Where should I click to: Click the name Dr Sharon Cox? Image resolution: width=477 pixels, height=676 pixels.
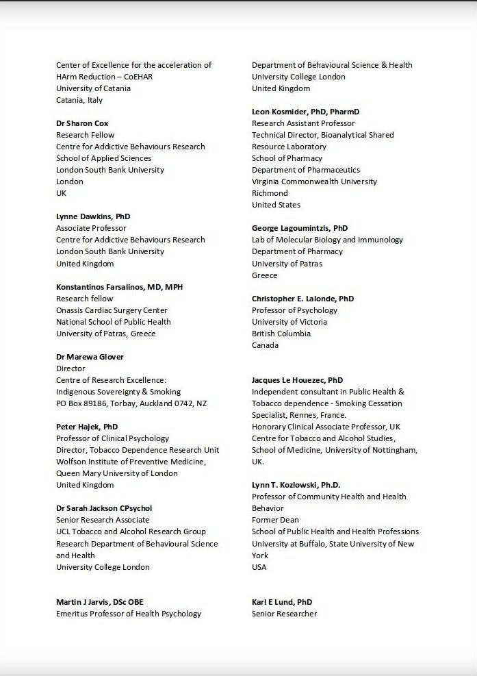coord(83,123)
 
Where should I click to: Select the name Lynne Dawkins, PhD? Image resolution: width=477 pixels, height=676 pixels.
coord(92,216)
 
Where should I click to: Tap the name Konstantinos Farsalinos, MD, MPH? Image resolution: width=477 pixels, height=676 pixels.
coord(119,287)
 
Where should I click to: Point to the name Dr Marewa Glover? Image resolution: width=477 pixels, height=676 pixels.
coord(90,357)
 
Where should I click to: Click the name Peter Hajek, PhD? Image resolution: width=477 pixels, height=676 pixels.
coord(87,427)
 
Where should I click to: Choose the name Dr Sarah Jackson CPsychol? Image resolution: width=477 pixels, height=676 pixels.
coord(104,508)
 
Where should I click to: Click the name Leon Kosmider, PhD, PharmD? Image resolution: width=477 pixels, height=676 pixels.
coord(305,112)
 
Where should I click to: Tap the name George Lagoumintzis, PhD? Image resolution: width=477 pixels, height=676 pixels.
coord(300,228)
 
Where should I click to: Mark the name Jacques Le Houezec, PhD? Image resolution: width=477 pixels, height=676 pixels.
coord(297,380)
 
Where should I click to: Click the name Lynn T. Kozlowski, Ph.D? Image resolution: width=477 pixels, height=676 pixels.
coord(296,485)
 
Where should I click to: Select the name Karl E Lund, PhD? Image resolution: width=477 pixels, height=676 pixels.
coord(282,602)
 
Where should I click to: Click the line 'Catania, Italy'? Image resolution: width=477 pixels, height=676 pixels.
coord(79,100)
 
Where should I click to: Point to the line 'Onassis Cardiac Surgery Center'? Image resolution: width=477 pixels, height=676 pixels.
coord(112,310)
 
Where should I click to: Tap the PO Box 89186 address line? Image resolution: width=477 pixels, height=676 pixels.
coord(131,403)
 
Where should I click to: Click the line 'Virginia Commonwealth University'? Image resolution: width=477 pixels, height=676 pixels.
coord(314,181)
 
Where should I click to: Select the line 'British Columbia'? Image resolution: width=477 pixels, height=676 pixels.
coord(281,334)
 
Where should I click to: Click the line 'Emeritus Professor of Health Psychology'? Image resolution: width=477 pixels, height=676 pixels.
coord(129,614)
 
